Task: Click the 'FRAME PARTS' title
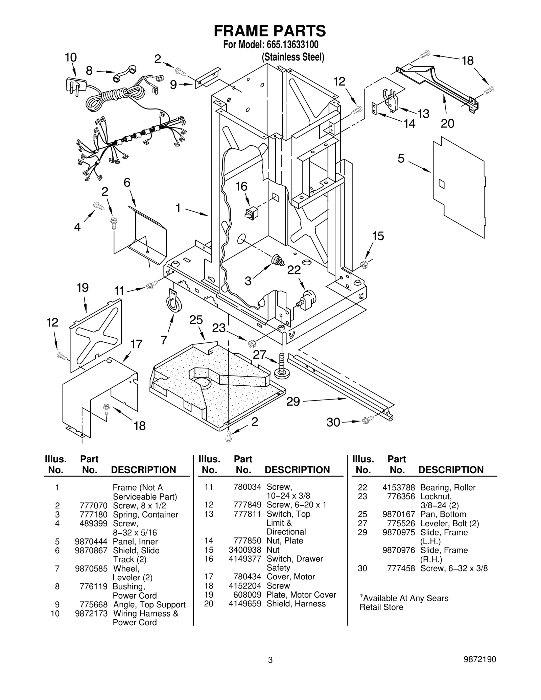[x=270, y=31]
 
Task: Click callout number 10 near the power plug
[x=71, y=57]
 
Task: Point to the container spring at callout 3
[x=278, y=260]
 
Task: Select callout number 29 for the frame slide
[x=293, y=402]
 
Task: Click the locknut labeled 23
[x=252, y=344]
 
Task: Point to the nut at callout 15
[x=364, y=264]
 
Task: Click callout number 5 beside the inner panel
[x=401, y=158]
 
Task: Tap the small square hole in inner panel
[x=442, y=184]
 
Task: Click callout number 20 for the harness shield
[x=447, y=123]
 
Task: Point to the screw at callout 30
[x=367, y=420]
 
